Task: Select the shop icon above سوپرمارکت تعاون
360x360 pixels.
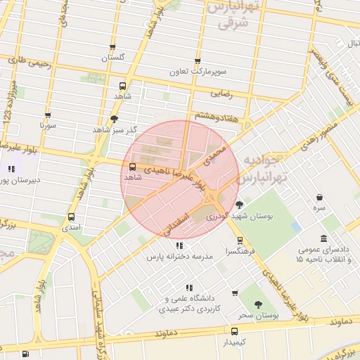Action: coord(198,61)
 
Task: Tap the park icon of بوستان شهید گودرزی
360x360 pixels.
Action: coord(239,205)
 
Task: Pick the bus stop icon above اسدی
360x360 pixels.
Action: coord(71,217)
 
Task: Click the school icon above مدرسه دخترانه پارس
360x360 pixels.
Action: coord(179,245)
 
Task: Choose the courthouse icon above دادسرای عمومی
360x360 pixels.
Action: coord(323,239)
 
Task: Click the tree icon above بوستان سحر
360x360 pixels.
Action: coord(257,304)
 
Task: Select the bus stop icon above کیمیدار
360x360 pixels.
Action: coord(235,330)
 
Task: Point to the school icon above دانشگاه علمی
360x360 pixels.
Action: coord(188,287)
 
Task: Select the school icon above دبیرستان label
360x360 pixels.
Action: coord(11,169)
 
